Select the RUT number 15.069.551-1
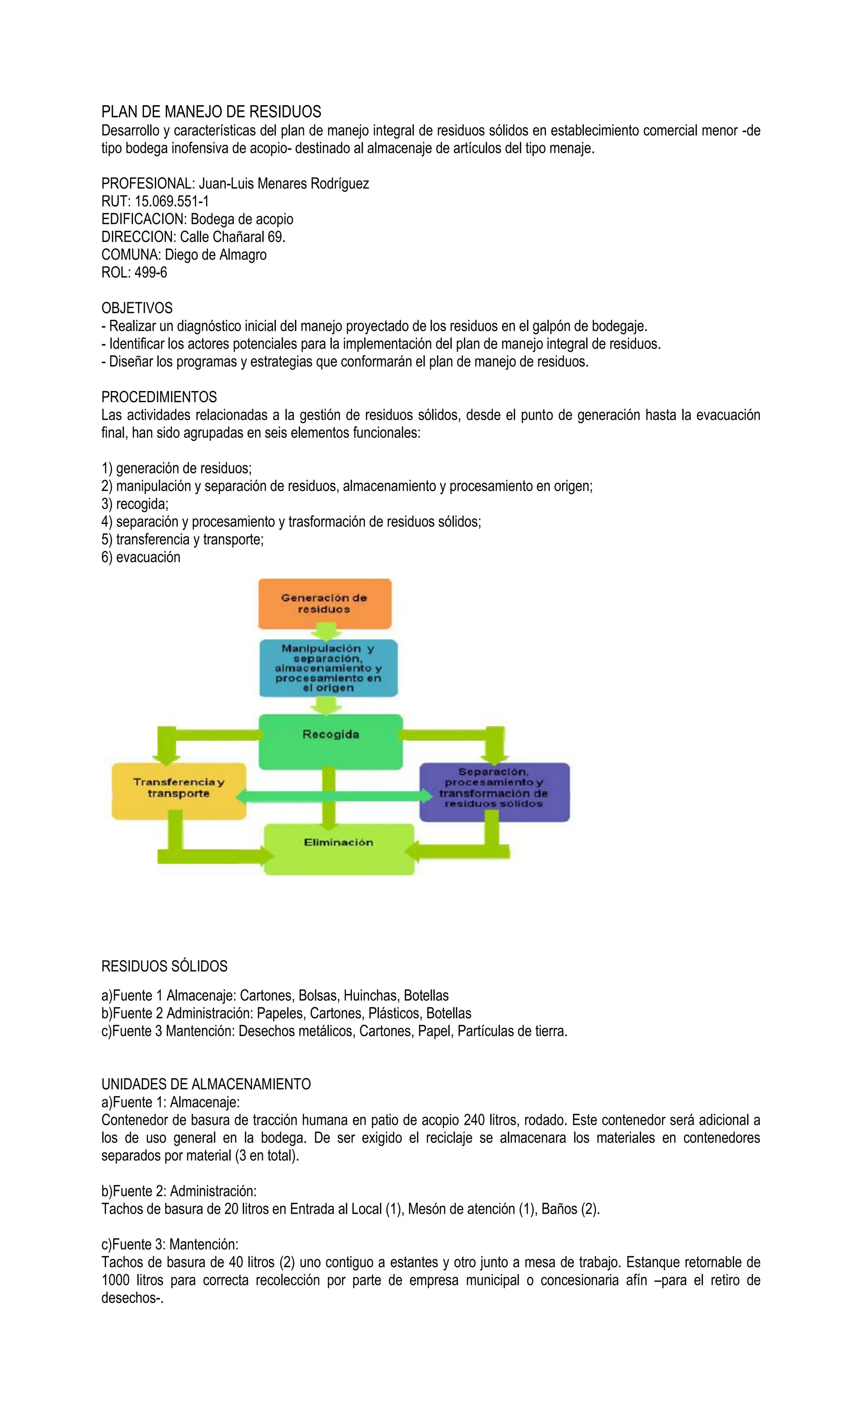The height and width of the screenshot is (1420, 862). point(172,201)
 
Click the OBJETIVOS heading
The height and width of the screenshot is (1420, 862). point(136,308)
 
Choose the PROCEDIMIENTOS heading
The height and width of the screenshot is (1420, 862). point(159,397)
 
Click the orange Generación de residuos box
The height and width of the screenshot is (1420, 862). point(325,603)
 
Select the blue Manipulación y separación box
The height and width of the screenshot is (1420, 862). point(328,668)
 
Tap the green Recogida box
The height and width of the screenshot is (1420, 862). point(330,741)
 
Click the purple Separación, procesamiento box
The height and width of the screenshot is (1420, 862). point(494,791)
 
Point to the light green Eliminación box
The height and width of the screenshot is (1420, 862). point(339,848)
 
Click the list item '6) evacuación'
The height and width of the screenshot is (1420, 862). point(141,557)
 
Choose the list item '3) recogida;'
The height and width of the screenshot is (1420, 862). point(135,504)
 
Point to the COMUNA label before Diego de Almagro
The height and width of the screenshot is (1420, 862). point(131,255)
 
